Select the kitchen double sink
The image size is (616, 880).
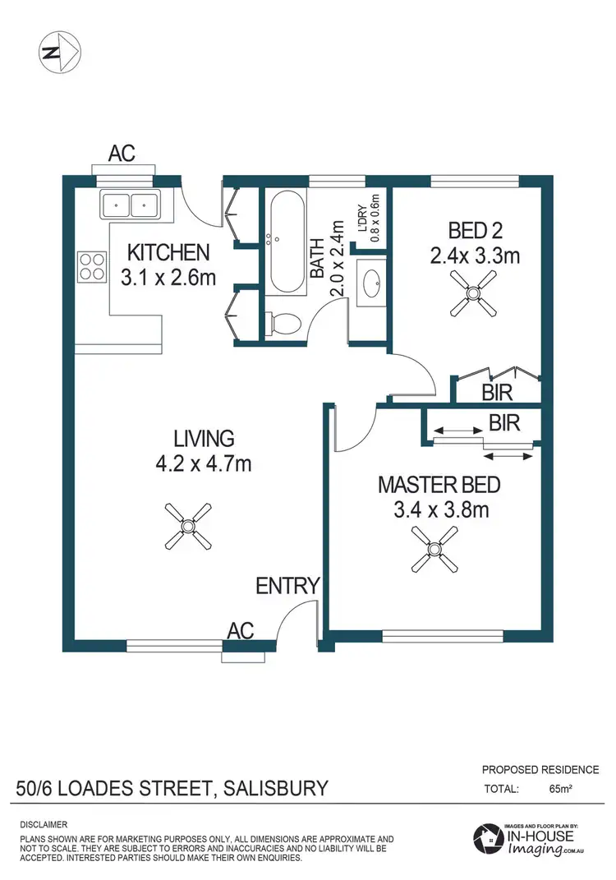pos(130,204)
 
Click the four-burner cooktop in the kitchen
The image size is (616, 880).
pos(91,265)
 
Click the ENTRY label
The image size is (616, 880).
pos(287,586)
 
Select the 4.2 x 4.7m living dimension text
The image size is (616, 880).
pos(204,464)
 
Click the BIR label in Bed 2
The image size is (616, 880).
pos(498,392)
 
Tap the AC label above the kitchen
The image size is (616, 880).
pos(122,153)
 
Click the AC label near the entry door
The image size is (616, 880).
pos(240,630)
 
